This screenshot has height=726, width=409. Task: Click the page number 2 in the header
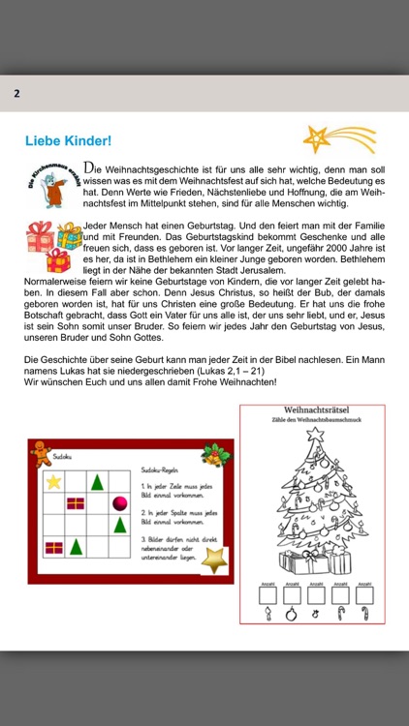point(16,94)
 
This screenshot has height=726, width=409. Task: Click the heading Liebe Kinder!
point(68,140)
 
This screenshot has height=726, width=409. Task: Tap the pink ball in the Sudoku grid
point(120,502)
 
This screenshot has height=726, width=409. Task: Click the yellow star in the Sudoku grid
point(54,480)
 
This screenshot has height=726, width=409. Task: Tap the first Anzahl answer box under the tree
point(265,596)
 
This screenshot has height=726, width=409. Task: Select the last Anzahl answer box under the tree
point(364,596)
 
